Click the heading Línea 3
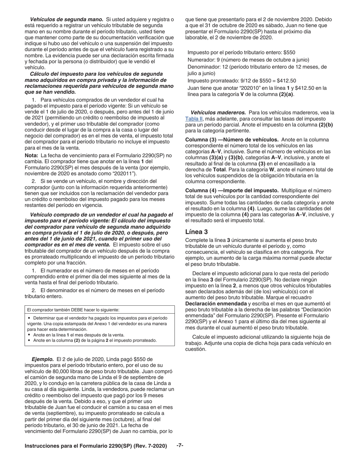[x=197, y=231]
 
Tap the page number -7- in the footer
[x=180, y=446]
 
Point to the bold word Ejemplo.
[x=43, y=359]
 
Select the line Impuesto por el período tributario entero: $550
[x=241, y=53]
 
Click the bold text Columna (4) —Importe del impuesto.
[x=232, y=191]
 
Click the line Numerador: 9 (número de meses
[x=248, y=60]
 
